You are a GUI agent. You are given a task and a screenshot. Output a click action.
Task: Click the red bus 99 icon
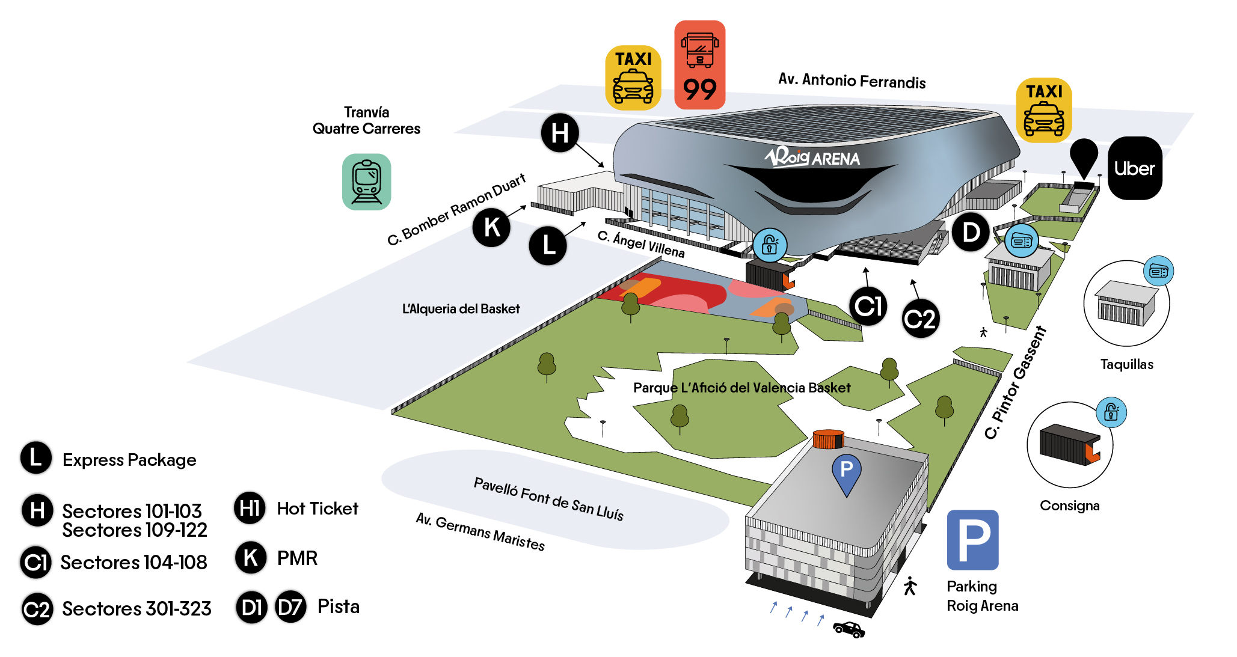click(x=699, y=65)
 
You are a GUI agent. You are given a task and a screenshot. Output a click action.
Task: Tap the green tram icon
click(x=367, y=182)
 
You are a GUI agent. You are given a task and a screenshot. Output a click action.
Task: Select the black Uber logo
click(x=1135, y=168)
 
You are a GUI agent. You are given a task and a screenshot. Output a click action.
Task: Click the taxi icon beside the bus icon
click(x=633, y=78)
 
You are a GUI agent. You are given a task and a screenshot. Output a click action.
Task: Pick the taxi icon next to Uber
click(x=1044, y=110)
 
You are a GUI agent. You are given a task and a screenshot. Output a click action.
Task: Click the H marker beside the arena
click(x=560, y=133)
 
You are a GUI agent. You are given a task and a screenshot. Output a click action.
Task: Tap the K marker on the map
click(x=491, y=227)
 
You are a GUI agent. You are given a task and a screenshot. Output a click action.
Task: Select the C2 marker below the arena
click(x=920, y=319)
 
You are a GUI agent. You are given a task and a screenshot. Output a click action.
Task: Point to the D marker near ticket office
click(x=971, y=232)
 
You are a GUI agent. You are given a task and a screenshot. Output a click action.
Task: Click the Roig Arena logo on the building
click(x=812, y=157)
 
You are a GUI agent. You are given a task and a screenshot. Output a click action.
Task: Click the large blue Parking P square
click(x=972, y=540)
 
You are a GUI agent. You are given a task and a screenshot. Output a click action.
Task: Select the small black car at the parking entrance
click(x=849, y=629)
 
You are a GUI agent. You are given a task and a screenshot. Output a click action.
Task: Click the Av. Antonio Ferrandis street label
click(x=852, y=81)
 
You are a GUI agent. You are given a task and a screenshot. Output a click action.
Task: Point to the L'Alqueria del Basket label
click(x=461, y=309)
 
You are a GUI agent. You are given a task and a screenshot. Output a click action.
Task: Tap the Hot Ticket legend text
click(x=318, y=509)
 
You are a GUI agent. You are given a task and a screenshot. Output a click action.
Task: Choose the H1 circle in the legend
click(x=250, y=508)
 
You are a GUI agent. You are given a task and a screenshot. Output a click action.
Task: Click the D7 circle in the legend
click(x=290, y=607)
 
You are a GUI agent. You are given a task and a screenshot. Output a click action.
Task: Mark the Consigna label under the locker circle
click(x=1070, y=506)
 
